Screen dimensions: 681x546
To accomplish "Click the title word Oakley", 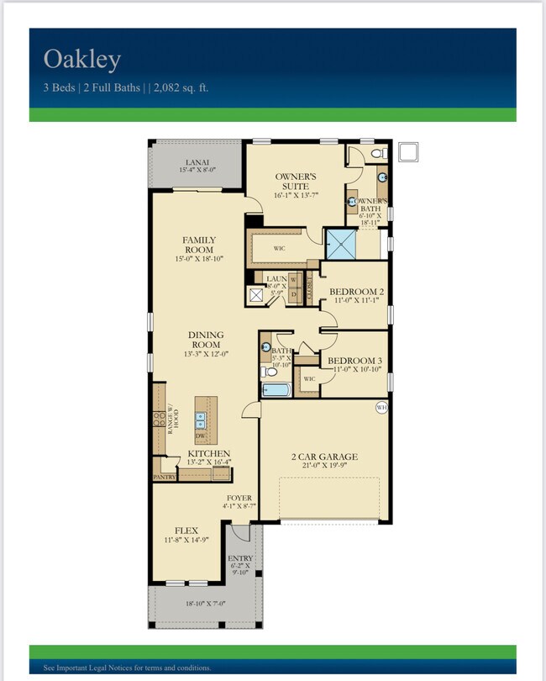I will click(82, 60).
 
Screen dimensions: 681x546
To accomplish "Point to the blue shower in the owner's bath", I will click(341, 244).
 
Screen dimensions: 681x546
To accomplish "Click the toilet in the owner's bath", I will click(378, 154).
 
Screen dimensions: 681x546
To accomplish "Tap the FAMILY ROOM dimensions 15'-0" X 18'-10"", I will click(198, 260).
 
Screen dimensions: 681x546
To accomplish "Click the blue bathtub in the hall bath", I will click(276, 389).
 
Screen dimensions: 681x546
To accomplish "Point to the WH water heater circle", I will click(381, 409).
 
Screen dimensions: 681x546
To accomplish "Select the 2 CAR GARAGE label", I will click(325, 457).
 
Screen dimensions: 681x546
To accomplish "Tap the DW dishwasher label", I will click(199, 436).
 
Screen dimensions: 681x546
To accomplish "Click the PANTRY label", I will click(164, 476).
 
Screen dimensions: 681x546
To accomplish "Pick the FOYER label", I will click(239, 498).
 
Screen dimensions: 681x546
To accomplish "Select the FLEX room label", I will click(186, 531).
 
